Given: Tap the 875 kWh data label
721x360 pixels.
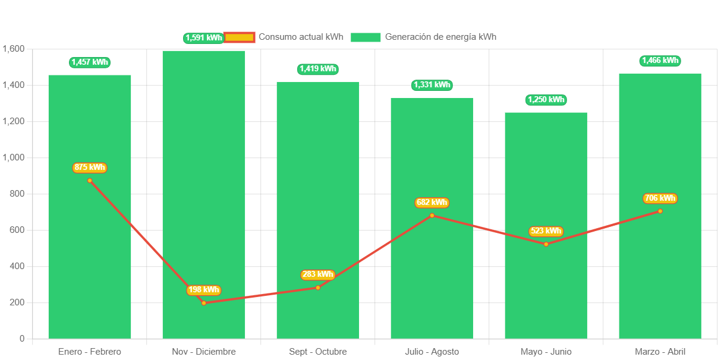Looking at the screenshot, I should [x=90, y=168].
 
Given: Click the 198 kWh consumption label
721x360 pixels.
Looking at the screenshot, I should [x=204, y=290].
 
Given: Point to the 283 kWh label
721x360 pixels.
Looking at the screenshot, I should [x=317, y=274].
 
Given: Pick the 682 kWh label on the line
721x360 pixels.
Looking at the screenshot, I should [x=432, y=203].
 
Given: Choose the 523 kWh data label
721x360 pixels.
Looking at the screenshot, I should [x=546, y=231].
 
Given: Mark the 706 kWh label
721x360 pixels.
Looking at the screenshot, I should [x=660, y=198].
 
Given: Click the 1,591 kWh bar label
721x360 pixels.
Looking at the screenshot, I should [x=204, y=38].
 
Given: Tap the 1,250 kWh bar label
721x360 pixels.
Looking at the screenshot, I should [x=546, y=100].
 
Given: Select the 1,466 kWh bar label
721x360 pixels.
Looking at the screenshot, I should [x=660, y=61].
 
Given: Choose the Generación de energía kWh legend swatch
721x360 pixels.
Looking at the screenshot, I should [x=365, y=37].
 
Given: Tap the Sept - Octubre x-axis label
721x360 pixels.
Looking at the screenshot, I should [x=317, y=352].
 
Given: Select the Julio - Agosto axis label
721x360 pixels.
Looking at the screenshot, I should [x=432, y=352].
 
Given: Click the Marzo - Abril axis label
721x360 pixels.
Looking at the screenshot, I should [x=660, y=352].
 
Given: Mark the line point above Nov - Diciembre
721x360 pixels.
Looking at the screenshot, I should [x=204, y=303].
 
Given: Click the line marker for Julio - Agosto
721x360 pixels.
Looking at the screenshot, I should [x=432, y=215].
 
